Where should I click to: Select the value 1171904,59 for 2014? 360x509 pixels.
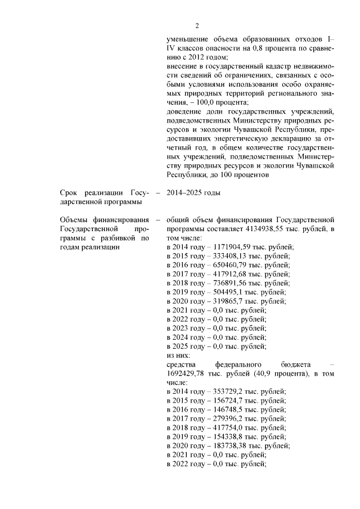(x=229, y=247)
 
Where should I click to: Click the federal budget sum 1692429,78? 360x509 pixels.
(x=189, y=373)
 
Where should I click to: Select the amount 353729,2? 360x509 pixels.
(x=225, y=391)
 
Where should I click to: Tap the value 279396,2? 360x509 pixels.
(x=225, y=418)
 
